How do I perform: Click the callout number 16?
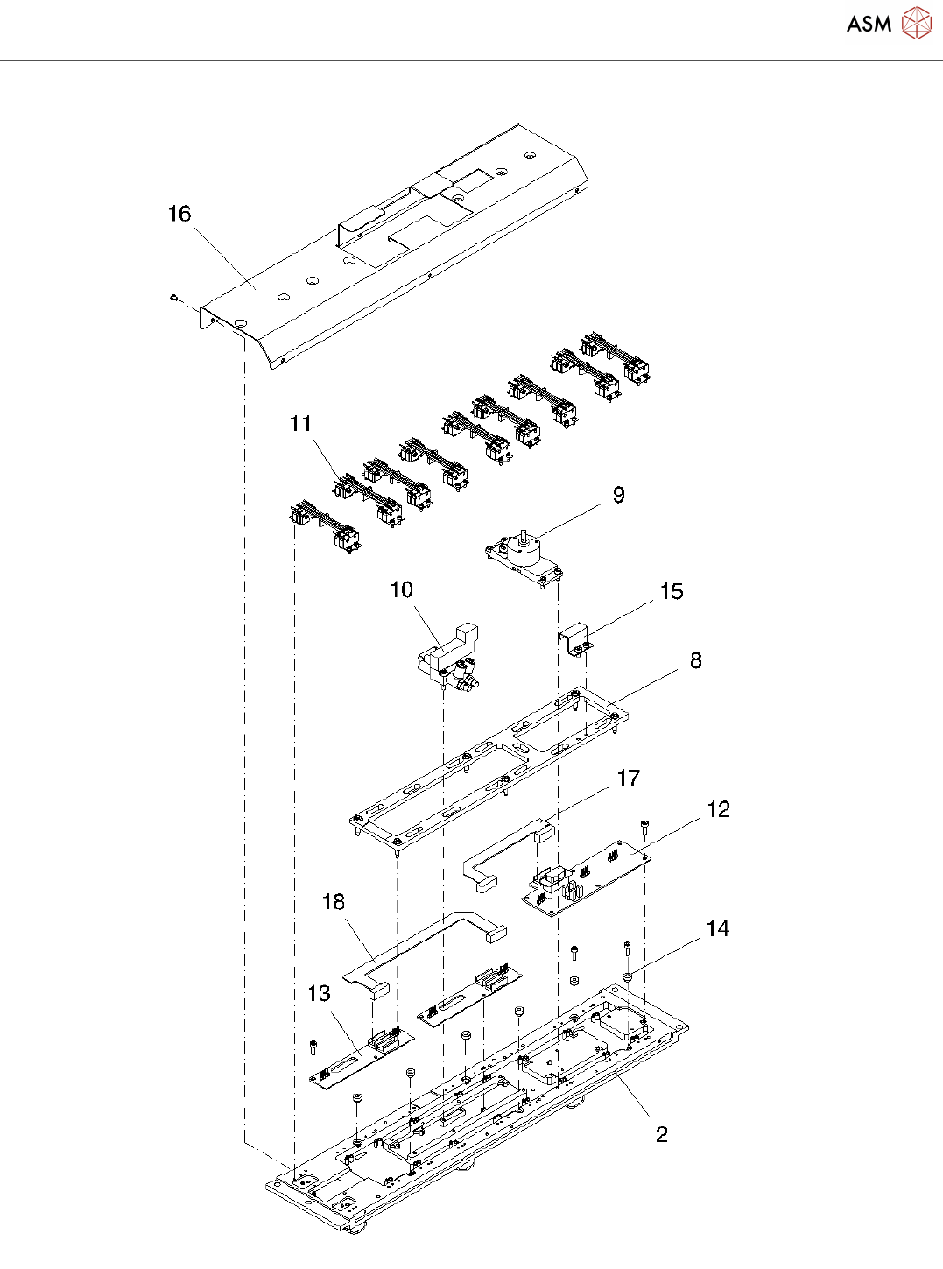tap(179, 214)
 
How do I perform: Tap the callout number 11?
tap(301, 424)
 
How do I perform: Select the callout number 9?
tap(618, 495)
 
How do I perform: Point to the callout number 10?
tap(402, 590)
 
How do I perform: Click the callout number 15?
tap(672, 592)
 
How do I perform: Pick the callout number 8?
tap(696, 660)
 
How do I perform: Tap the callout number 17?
tap(629, 778)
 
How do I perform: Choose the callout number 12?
tap(719, 809)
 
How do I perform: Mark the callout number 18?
tap(334, 902)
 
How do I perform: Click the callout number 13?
tap(320, 994)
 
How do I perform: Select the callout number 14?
tap(718, 928)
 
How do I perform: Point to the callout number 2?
tap(661, 1134)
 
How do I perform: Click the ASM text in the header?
tap(869, 24)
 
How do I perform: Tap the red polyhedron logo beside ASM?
tap(916, 23)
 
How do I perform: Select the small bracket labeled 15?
tap(575, 640)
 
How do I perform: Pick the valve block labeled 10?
tap(448, 656)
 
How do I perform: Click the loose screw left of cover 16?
tap(173, 297)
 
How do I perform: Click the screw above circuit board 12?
tap(643, 826)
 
